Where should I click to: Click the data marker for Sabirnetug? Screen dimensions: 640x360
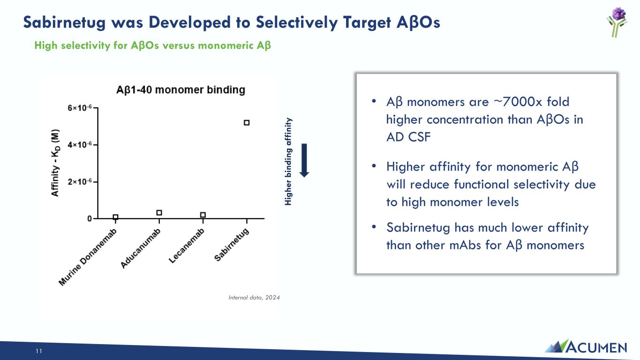pos(247,122)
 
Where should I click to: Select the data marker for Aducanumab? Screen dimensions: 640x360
pos(159,212)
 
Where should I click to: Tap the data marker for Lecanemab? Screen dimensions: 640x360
pos(203,215)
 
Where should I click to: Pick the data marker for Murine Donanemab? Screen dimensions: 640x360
pos(115,217)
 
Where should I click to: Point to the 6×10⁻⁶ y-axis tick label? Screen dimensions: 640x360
pos(80,108)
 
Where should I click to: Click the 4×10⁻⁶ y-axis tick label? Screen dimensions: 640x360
pos(80,144)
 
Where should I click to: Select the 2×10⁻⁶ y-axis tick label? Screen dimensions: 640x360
pos(80,182)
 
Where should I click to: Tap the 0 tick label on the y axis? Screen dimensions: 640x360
pos(90,218)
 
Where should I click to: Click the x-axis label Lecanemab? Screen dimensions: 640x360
pos(187,246)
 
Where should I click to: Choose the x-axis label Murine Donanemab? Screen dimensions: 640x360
pos(88,257)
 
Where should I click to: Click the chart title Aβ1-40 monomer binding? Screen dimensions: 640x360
pos(181,90)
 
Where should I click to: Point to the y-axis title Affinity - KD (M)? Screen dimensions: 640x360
pos(55,163)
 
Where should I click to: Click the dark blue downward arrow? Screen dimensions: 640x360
pos(304,160)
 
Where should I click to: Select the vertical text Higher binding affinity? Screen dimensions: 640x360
pos(288,161)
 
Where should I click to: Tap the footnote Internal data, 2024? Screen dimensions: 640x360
pos(254,298)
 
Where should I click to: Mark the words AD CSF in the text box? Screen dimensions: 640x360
pos(408,137)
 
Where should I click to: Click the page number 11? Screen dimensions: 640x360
pos(39,351)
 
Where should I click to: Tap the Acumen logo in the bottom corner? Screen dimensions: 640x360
pos(586,346)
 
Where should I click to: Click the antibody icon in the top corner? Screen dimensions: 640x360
pos(617,22)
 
